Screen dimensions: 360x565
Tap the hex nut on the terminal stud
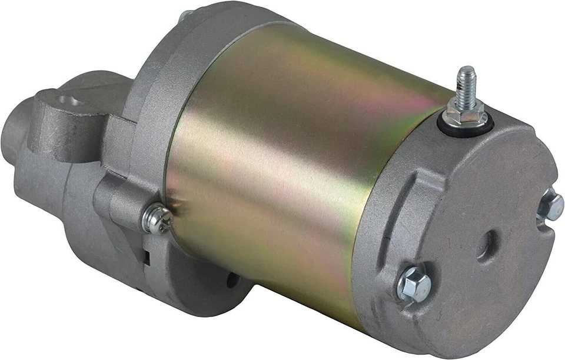(466, 109)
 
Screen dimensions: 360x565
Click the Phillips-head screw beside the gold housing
(157, 219)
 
